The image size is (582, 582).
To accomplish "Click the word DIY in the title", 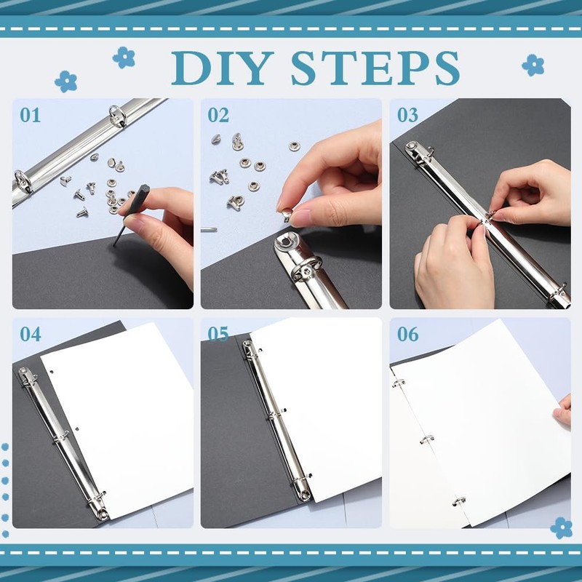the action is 222,68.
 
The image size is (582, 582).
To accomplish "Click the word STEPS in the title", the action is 375,68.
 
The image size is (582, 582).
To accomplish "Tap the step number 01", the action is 31,116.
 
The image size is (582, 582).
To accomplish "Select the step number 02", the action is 218,116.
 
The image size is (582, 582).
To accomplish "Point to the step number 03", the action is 407,116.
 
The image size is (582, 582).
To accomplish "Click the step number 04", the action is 31,335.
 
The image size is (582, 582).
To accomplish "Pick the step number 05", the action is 218,335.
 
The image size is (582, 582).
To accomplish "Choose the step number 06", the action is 407,335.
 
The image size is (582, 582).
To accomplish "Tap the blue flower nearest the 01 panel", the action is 65,81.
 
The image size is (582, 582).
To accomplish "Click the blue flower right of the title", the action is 533,65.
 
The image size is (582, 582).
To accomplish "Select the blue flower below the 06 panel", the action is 561,528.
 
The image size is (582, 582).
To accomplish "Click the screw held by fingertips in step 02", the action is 287,215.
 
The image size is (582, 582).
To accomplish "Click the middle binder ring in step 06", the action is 427,439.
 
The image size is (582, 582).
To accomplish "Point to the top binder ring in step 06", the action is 398,383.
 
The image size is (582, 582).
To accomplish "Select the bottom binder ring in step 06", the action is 459,501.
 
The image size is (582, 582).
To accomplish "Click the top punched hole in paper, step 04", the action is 52,371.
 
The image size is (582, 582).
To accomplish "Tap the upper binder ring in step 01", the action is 117,116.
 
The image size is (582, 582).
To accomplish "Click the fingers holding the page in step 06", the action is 563,410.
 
